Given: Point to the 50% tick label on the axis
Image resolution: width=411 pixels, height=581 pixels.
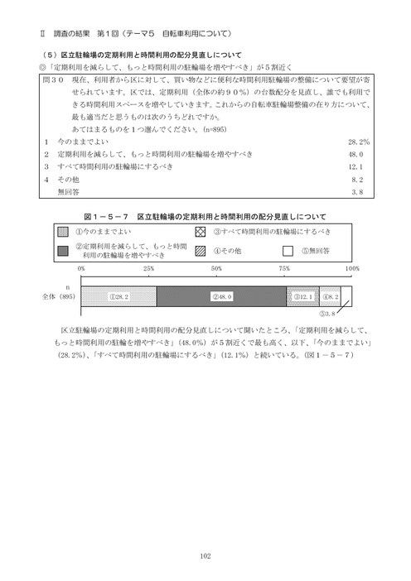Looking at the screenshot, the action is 216,270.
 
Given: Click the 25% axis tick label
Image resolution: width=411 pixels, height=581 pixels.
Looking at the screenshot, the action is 148,270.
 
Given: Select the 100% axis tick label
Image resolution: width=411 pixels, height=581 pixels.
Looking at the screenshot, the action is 351,270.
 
